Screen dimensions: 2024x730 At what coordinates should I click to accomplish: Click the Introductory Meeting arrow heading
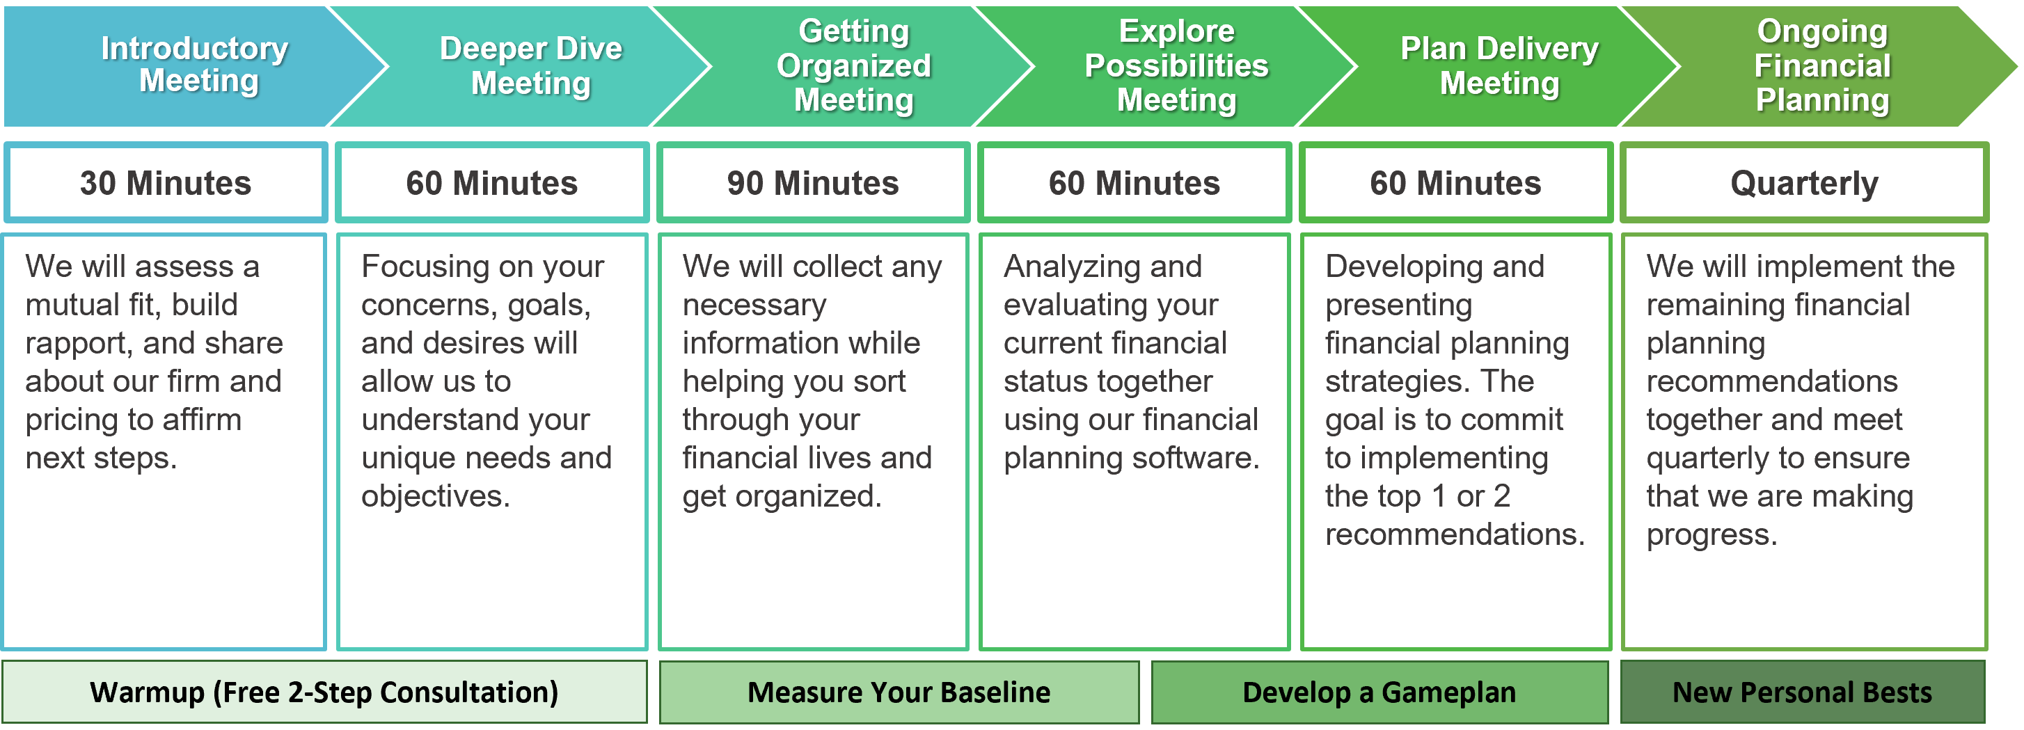(194, 65)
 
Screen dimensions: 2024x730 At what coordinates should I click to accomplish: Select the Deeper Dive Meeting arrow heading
(531, 66)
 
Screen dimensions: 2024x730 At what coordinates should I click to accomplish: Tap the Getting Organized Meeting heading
(854, 66)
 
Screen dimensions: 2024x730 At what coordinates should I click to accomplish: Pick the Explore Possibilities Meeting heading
(1176, 66)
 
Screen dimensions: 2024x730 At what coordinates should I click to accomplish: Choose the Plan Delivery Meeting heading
(1499, 66)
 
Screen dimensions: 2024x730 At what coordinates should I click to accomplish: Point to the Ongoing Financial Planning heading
(1822, 66)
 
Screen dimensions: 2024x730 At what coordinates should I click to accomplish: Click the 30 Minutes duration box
(166, 182)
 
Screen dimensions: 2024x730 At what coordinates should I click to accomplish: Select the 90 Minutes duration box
(813, 182)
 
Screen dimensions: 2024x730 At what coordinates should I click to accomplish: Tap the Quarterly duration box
(1804, 182)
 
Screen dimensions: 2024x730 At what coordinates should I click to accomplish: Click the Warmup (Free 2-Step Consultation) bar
(324, 692)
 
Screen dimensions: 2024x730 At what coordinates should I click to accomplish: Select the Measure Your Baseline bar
(899, 692)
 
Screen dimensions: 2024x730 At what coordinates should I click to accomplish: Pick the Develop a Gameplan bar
(1379, 692)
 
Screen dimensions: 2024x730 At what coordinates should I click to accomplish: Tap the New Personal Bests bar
(1803, 692)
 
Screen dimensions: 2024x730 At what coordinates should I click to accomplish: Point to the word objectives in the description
(435, 497)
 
